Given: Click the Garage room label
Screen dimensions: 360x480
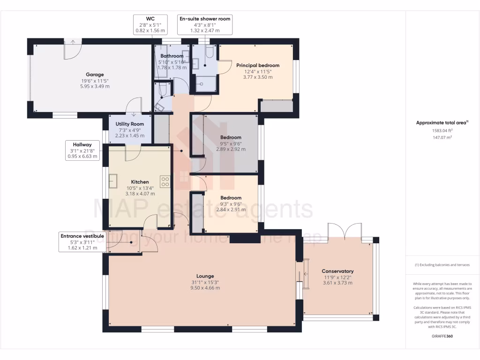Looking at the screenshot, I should pos(95,75).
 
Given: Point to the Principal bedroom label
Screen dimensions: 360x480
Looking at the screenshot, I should pos(257,65).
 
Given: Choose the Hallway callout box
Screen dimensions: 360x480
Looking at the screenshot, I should pos(82,150).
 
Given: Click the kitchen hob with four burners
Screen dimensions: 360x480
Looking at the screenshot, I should pos(165,181).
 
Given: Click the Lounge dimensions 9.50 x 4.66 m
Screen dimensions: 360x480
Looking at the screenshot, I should pos(205,288).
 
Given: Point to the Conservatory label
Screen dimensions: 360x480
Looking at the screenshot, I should pos(337,271).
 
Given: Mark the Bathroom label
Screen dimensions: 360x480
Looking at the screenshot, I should pos(172,56).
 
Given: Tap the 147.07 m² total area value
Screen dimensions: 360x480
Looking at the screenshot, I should pos(442,137).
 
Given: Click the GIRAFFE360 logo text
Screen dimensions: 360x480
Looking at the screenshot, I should pos(442,336).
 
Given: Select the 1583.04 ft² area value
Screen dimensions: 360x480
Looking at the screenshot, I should pos(442,131).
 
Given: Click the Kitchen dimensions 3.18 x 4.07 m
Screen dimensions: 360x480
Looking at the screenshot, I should pos(140,193).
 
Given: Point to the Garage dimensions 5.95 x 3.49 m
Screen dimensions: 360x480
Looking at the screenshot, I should pos(95,86).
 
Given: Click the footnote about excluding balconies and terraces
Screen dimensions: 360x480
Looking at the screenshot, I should pos(442,265).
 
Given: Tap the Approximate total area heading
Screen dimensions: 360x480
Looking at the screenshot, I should pos(442,122).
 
